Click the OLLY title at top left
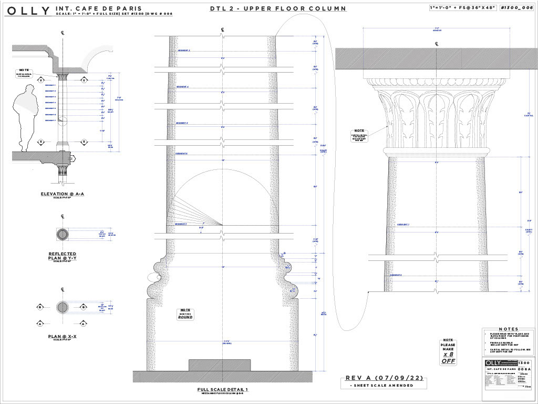[x=28, y=11]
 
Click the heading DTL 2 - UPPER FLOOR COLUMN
[x=278, y=8]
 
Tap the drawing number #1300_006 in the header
[x=516, y=8]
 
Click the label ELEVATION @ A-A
[x=63, y=194]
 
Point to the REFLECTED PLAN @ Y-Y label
[x=63, y=256]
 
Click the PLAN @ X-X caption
[x=63, y=336]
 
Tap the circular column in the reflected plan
[x=63, y=234]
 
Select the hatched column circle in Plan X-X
[x=63, y=307]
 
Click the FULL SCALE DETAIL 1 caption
[x=223, y=389]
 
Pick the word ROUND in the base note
[x=185, y=317]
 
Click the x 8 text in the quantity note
[x=448, y=355]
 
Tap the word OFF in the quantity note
[x=448, y=361]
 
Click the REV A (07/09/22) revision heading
[x=385, y=378]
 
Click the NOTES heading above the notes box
[x=508, y=329]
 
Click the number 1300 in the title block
[x=524, y=363]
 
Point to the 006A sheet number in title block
[x=524, y=369]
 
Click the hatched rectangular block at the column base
[x=219, y=365]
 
